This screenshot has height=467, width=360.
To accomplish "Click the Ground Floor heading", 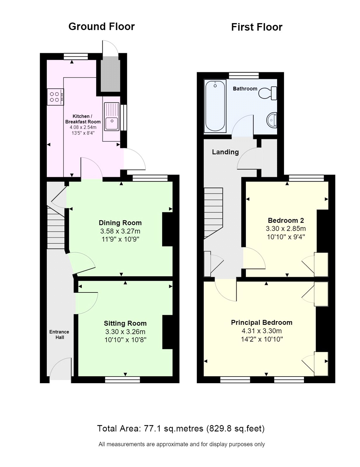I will point(101,27).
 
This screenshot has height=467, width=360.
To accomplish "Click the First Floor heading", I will point(256,27).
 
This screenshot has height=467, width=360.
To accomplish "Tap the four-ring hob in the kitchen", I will point(55,97).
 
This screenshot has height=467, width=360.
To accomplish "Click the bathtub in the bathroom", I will point(215,106).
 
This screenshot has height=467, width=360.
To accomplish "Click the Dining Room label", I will point(120,223).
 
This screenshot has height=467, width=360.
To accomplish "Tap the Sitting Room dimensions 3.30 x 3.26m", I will point(125,332).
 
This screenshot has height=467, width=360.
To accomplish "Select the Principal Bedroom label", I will point(261,323).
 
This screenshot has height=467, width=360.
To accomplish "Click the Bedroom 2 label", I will point(286,220).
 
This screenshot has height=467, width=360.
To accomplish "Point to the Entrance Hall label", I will point(59,334).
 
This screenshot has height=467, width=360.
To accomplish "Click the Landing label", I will point(225,152).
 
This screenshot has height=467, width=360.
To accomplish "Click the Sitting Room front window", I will point(122,379).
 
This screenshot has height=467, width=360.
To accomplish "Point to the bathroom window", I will point(244,75).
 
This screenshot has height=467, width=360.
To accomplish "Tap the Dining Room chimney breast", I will point(167,229).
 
